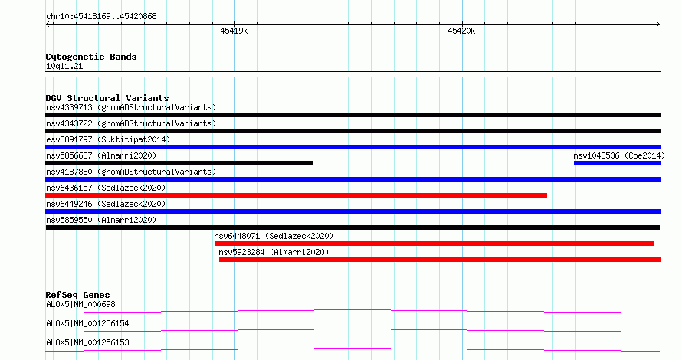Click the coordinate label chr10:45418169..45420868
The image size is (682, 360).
pyautogui.click(x=101, y=17)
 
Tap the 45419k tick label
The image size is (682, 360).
pyautogui.click(x=234, y=31)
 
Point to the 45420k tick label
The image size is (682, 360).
pyautogui.click(x=461, y=31)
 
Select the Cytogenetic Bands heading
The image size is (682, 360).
pyautogui.click(x=91, y=57)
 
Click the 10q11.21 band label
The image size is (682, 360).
pyautogui.click(x=64, y=67)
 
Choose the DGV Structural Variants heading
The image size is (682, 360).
pyautogui.click(x=107, y=98)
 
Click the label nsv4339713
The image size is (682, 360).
pyautogui.click(x=69, y=107)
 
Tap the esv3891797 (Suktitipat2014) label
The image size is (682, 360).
pyautogui.click(x=108, y=139)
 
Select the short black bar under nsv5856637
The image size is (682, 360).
pyautogui.click(x=179, y=163)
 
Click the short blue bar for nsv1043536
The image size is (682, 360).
pyautogui.click(x=617, y=163)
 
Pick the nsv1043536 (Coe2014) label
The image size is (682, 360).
pyautogui.click(x=619, y=155)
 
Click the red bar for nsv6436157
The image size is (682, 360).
pyautogui.click(x=297, y=195)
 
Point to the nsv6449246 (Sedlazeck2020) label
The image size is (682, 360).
pyautogui.click(x=106, y=204)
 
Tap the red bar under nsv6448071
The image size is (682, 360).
pyautogui.click(x=434, y=244)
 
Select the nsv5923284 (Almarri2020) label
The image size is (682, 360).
pyautogui.click(x=274, y=252)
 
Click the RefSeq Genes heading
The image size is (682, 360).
pyautogui.click(x=78, y=295)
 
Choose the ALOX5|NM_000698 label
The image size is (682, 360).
pyautogui.click(x=80, y=304)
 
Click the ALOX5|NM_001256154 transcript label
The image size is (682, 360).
pyautogui.click(x=87, y=323)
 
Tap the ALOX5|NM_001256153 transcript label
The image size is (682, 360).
pyautogui.click(x=87, y=342)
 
